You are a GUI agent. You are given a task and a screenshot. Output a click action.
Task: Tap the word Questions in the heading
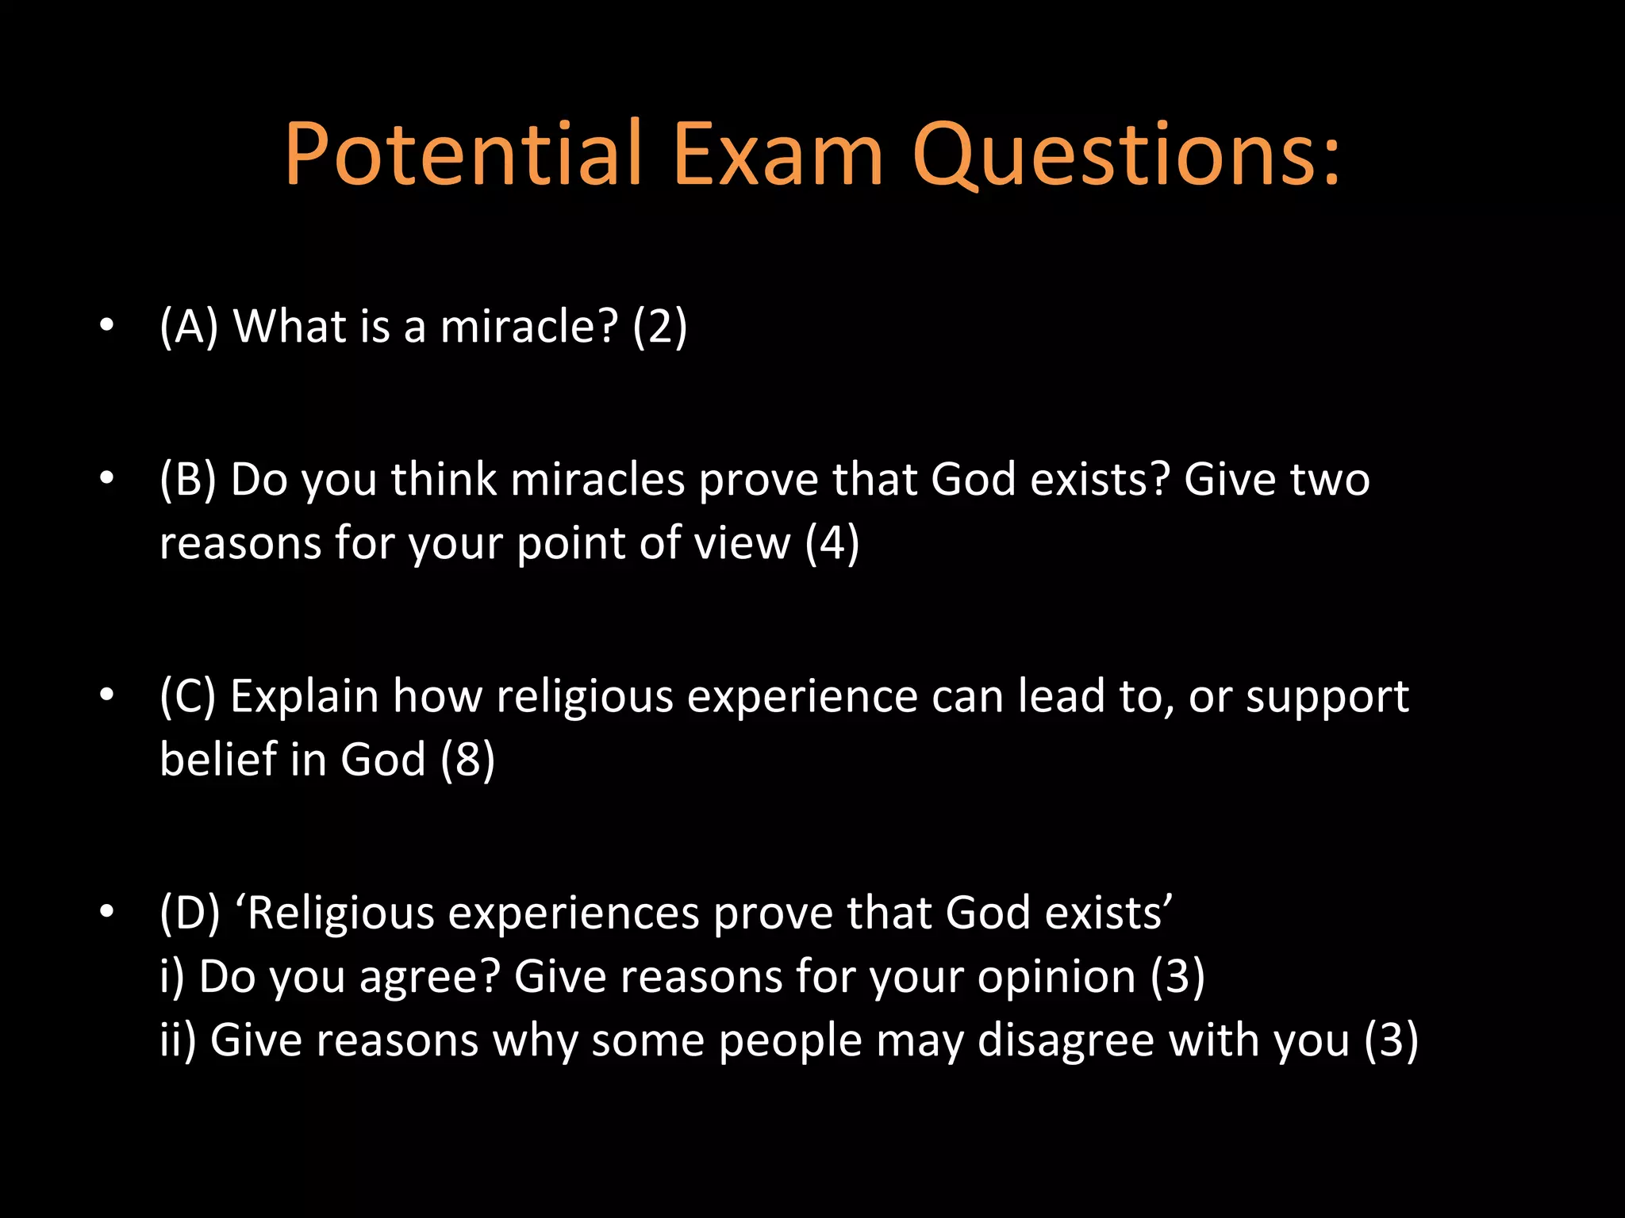pyautogui.click(x=1111, y=155)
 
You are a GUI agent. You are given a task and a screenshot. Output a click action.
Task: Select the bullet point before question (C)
pyautogui.click(x=107, y=695)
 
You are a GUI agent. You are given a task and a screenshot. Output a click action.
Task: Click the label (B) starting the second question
pyautogui.click(x=188, y=480)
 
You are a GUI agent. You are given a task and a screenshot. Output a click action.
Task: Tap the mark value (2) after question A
pyautogui.click(x=659, y=327)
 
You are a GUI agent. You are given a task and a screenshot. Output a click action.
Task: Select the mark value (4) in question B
pyautogui.click(x=832, y=544)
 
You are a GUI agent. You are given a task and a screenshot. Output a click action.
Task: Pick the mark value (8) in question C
pyautogui.click(x=467, y=760)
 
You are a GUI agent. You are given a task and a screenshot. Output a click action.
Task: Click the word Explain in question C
pyautogui.click(x=305, y=697)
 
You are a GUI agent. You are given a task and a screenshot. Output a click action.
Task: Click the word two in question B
pyautogui.click(x=1330, y=480)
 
